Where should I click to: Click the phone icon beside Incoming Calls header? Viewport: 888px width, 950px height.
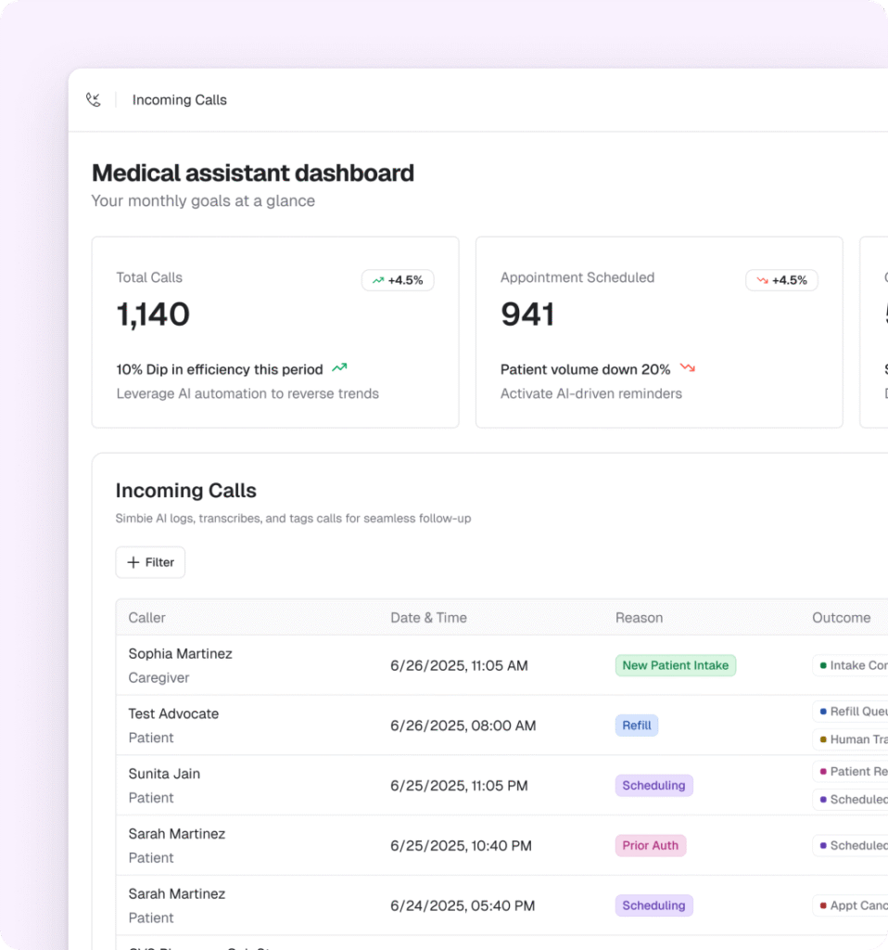pos(94,100)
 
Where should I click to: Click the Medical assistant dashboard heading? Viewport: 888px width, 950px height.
pos(253,173)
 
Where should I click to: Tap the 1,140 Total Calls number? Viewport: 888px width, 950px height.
pos(153,315)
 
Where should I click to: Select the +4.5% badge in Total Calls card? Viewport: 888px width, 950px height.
pos(398,280)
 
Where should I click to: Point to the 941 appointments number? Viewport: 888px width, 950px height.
pos(527,315)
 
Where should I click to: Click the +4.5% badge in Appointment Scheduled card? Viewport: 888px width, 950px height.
pos(781,280)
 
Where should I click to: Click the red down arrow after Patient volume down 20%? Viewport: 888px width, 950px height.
pos(688,368)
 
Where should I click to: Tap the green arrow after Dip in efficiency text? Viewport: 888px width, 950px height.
pos(339,368)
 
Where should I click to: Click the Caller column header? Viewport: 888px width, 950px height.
pos(147,618)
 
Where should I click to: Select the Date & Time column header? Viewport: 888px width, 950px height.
pos(428,618)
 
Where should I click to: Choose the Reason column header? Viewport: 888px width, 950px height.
pos(639,618)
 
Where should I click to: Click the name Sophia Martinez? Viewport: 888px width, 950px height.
pos(180,654)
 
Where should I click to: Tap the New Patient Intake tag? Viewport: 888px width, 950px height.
pos(676,665)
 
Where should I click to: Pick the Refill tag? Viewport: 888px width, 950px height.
pos(637,725)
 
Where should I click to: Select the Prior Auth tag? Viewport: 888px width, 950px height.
pos(650,845)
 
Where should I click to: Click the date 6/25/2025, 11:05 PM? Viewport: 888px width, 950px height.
pos(459,786)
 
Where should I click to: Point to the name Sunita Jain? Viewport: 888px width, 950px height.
pos(164,774)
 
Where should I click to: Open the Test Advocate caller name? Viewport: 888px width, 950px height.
pos(173,713)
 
